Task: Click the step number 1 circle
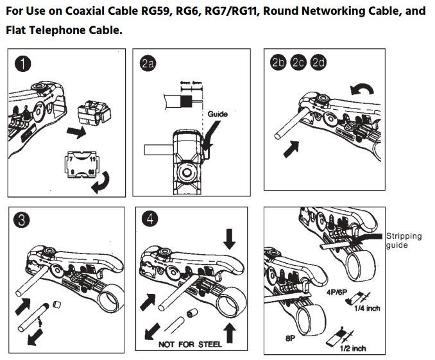coord(24,64)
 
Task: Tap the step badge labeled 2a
coord(148,63)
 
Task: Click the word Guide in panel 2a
coord(217,114)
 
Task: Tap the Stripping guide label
coord(404,240)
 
